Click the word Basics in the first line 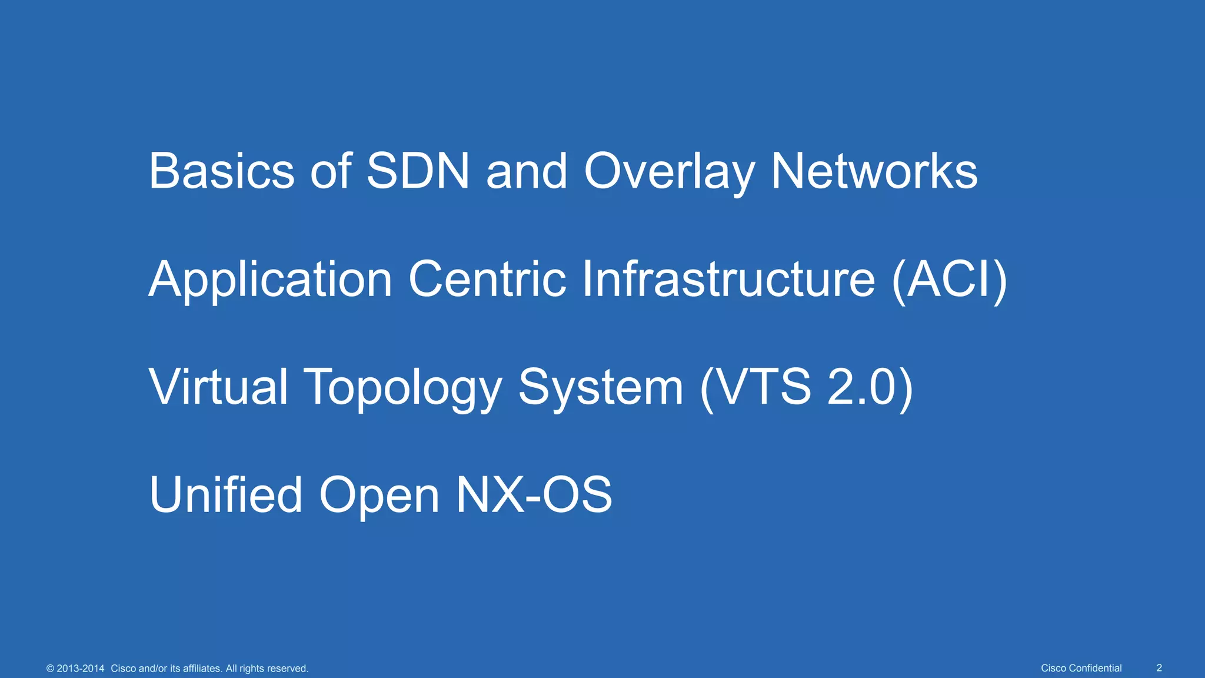(221, 171)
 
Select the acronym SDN (418, 171)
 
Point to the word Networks (874, 171)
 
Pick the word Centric (487, 279)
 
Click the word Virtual (218, 387)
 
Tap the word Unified (226, 494)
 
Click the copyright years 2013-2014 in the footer (81, 669)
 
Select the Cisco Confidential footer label (1081, 668)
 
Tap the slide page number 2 (1159, 668)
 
